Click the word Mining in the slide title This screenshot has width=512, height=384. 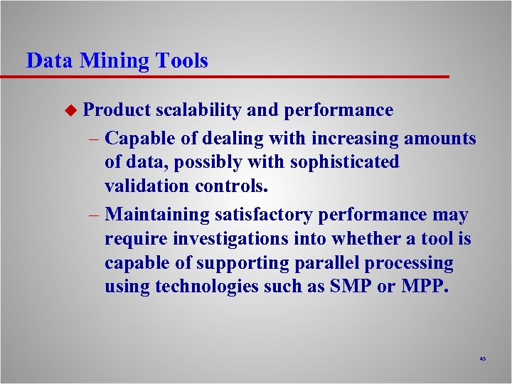point(111,61)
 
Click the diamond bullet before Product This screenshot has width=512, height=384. point(70,110)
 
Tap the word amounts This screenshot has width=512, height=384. point(441,137)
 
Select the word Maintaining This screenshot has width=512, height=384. point(157,215)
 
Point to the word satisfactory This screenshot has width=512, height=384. point(265,215)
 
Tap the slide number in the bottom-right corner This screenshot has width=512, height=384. point(482,359)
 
